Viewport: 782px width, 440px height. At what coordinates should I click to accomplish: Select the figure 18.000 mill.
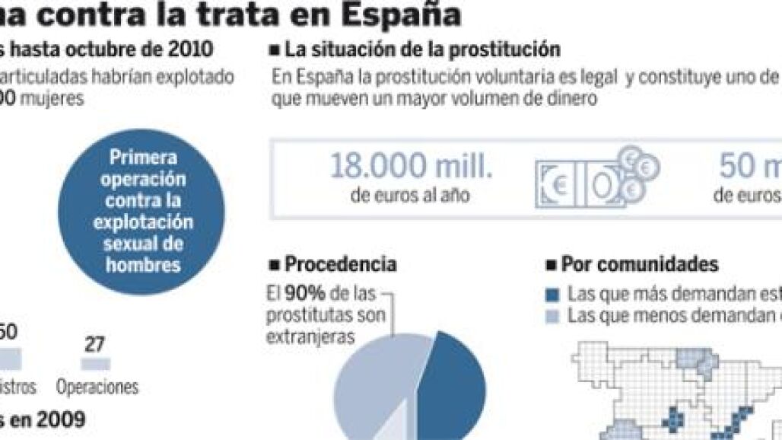(410, 167)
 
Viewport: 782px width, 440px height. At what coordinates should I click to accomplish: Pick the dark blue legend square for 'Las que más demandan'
(554, 295)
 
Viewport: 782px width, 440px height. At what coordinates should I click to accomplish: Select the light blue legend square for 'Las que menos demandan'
(554, 316)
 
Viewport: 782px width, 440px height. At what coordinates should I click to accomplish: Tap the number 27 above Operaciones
(95, 344)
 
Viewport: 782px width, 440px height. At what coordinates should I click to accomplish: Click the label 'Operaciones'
(97, 387)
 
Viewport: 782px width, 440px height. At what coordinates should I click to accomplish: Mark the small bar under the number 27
(94, 364)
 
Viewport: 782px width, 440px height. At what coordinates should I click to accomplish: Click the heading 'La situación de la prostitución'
(421, 51)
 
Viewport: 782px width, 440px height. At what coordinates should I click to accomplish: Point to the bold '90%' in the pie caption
(297, 292)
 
